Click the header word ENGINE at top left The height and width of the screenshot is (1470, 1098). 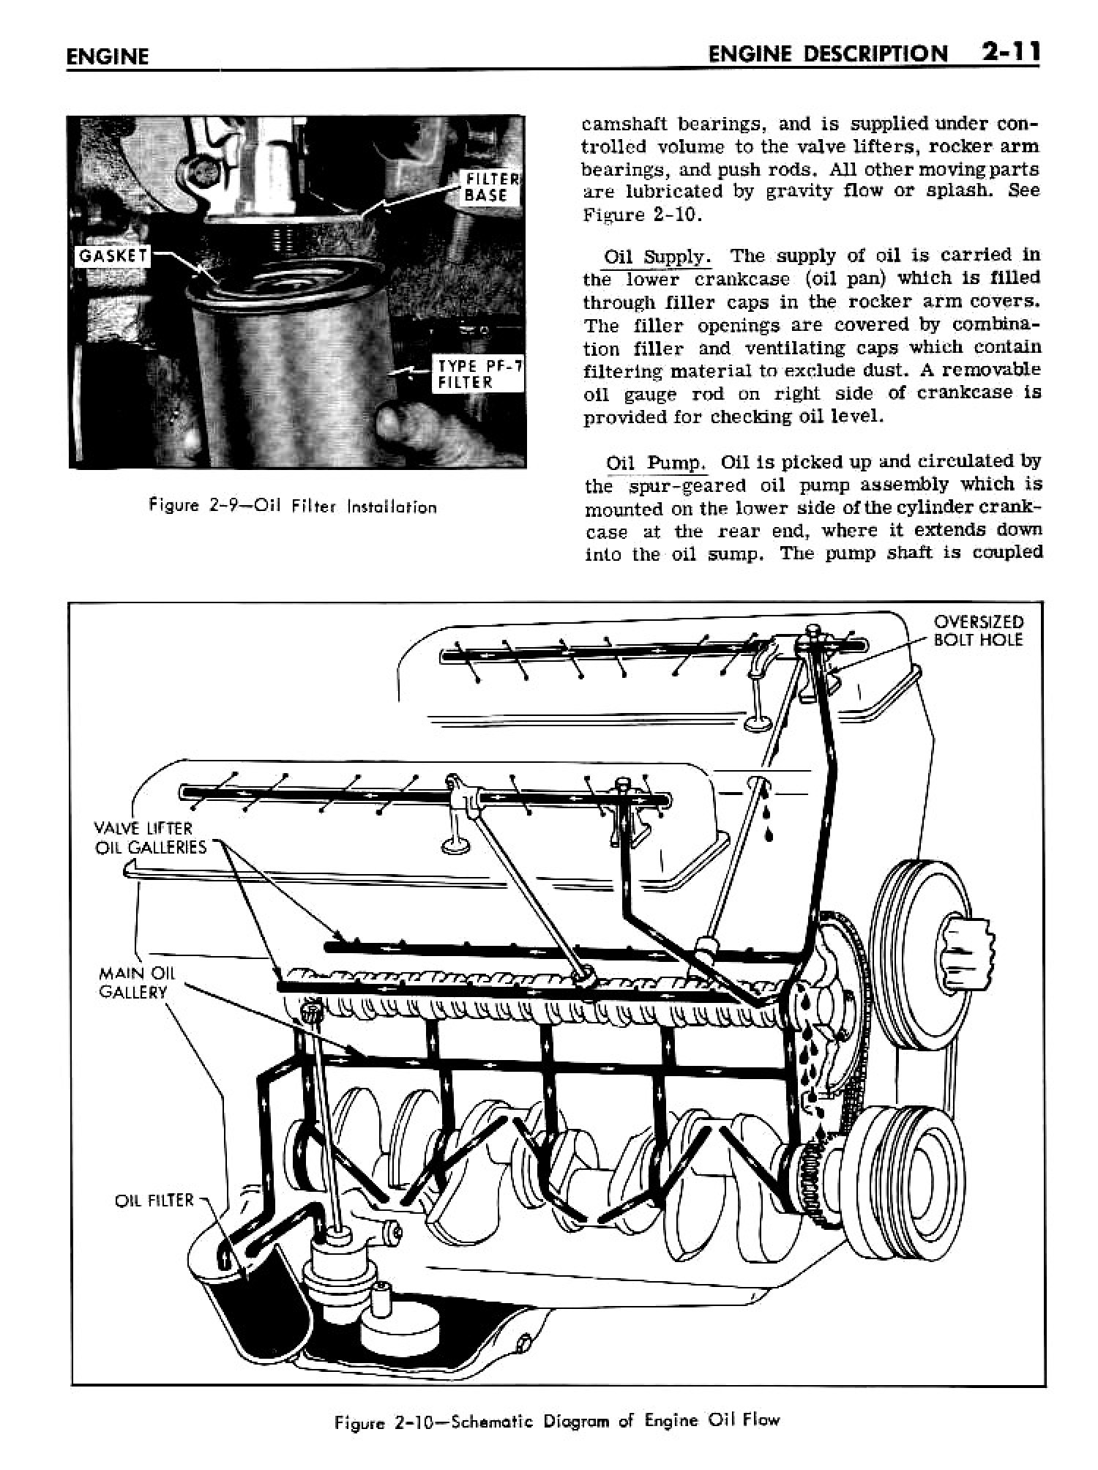point(107,57)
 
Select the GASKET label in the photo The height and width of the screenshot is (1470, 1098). point(113,256)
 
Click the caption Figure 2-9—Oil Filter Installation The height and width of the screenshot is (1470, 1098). point(292,507)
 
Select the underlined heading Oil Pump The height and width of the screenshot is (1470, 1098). point(656,463)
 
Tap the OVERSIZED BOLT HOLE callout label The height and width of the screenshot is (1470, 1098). point(978,631)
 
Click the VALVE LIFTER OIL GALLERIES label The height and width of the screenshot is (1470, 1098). point(150,837)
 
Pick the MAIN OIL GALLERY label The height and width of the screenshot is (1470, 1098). point(133,982)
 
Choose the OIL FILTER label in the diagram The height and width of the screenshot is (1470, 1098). point(154,1201)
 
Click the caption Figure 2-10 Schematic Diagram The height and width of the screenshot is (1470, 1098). point(557,1421)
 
